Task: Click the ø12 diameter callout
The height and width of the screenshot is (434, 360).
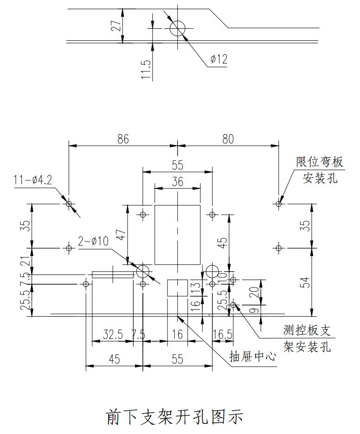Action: pyautogui.click(x=219, y=59)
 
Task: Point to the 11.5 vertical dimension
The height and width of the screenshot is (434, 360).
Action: pyautogui.click(x=146, y=69)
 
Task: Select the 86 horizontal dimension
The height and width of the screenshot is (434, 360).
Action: pyautogui.click(x=123, y=139)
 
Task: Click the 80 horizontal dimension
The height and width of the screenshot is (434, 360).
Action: pyautogui.click(x=228, y=139)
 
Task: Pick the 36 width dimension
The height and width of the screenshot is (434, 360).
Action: pyautogui.click(x=177, y=182)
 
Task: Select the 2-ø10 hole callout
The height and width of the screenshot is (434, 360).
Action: pyautogui.click(x=93, y=241)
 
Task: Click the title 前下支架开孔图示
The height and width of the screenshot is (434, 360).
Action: pyautogui.click(x=175, y=416)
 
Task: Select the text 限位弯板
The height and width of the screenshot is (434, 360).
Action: pyautogui.click(x=320, y=162)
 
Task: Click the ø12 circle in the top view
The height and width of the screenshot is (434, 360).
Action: pyautogui.click(x=178, y=28)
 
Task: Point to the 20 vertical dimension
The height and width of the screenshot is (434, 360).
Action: pyautogui.click(x=253, y=292)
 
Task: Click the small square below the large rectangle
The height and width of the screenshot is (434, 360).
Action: pyautogui.click(x=177, y=288)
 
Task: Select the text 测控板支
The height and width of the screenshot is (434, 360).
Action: pyautogui.click(x=307, y=331)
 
